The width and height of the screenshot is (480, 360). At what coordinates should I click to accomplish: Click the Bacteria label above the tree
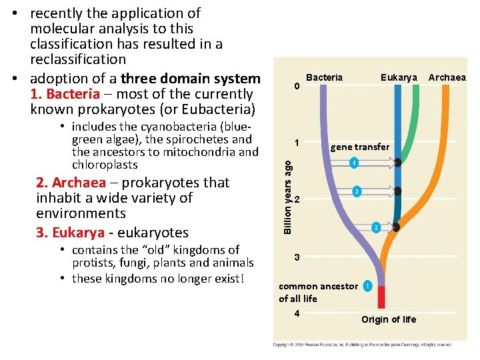pyautogui.click(x=324, y=77)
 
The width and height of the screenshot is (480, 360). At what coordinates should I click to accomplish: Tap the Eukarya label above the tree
pyautogui.click(x=399, y=77)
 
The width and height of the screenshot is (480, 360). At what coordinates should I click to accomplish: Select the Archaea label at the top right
pyautogui.click(x=447, y=77)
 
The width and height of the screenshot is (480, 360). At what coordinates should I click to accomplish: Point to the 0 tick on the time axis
pyautogui.click(x=297, y=87)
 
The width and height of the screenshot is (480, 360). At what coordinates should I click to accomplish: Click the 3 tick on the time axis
pyautogui.click(x=297, y=257)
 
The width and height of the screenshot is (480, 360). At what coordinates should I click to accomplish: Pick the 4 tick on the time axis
pyautogui.click(x=297, y=313)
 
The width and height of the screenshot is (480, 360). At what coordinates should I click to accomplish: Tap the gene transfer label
pyautogui.click(x=359, y=147)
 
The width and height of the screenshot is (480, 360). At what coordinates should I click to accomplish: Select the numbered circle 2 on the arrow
pyautogui.click(x=376, y=227)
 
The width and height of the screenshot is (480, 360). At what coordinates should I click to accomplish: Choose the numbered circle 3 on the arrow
pyautogui.click(x=357, y=192)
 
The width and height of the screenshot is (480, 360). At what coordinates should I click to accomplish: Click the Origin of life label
pyautogui.click(x=389, y=319)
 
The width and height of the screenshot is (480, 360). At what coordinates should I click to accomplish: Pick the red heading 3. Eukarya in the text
pyautogui.click(x=70, y=233)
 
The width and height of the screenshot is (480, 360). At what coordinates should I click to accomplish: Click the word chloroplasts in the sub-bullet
pyautogui.click(x=104, y=165)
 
